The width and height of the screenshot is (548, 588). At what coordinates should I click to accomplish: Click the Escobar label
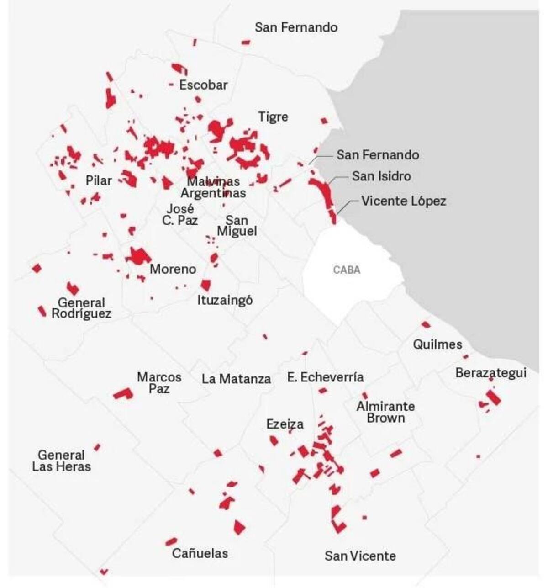203,85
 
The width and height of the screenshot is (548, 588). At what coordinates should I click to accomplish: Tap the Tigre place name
273,117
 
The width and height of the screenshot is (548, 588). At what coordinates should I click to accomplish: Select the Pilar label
99,181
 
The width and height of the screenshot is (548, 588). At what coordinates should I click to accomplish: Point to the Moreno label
173,269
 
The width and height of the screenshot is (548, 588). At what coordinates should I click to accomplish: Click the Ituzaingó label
225,300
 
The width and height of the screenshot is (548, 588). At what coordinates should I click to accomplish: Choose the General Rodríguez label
81,308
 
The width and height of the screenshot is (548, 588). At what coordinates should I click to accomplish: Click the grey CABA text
347,270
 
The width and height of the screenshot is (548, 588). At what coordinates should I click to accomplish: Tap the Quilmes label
437,344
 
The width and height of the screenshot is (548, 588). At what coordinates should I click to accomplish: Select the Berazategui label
490,373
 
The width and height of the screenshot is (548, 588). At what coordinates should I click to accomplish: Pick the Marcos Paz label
159,383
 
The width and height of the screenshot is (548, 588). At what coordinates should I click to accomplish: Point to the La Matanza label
236,379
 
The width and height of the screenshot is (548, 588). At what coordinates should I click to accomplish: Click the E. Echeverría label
326,377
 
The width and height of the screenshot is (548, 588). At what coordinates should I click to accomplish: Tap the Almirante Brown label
386,412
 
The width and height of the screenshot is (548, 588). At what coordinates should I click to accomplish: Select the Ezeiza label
285,424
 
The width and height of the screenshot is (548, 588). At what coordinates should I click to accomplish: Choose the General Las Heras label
62,461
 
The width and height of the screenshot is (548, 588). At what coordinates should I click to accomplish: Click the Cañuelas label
200,553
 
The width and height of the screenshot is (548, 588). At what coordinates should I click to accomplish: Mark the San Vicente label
360,556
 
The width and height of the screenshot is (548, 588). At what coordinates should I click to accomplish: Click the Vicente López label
404,201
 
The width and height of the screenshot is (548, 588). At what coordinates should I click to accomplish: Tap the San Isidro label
381,176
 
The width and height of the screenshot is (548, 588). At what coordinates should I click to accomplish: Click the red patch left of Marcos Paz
123,393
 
